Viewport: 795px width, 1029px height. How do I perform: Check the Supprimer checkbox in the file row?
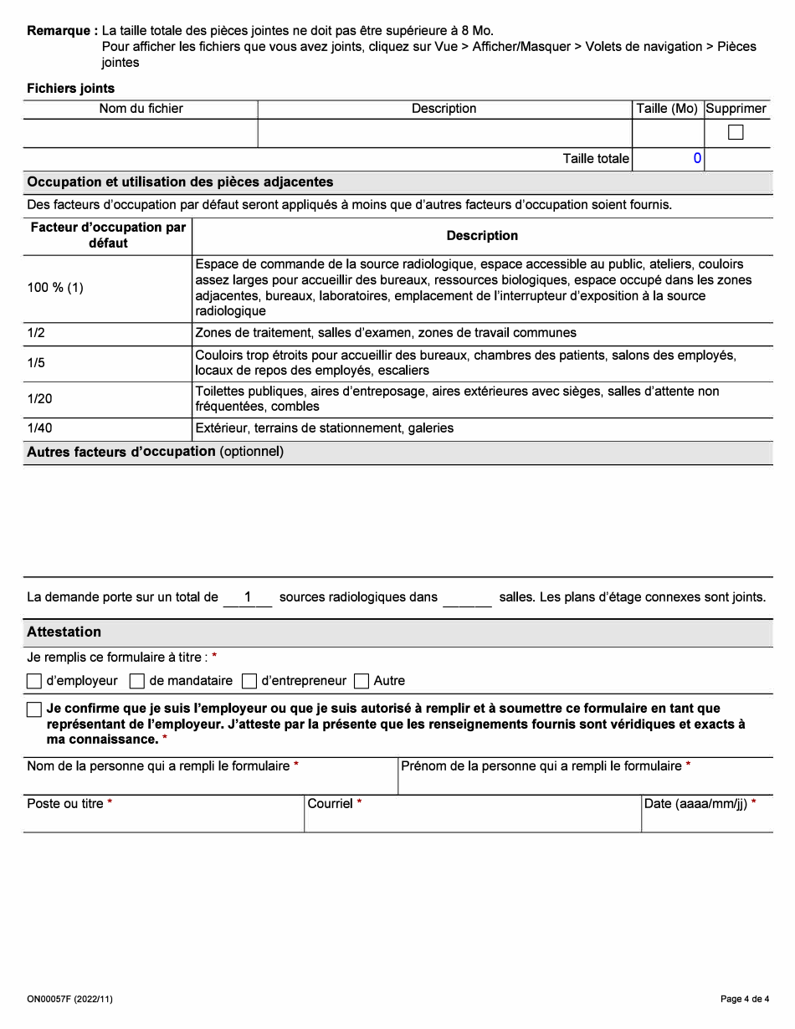pyautogui.click(x=736, y=132)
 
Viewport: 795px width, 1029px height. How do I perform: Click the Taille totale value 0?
pyautogui.click(x=696, y=159)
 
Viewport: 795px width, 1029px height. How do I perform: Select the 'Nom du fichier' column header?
pyautogui.click(x=141, y=109)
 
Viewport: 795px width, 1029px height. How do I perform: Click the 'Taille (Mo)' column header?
pyautogui.click(x=667, y=109)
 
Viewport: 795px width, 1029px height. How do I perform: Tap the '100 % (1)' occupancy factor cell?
pyautogui.click(x=55, y=288)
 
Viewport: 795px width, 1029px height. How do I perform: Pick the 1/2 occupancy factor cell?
pyautogui.click(x=36, y=333)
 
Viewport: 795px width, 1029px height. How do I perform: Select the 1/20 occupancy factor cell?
pyautogui.click(x=39, y=399)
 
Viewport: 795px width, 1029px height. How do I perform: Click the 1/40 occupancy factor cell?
pyautogui.click(x=39, y=428)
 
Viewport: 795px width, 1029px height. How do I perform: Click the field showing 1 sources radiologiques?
pyautogui.click(x=248, y=597)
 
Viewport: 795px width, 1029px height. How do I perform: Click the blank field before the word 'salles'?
pyautogui.click(x=467, y=597)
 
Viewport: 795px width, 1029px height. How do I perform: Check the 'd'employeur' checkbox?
pyautogui.click(x=34, y=681)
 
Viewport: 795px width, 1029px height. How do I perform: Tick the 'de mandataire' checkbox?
pyautogui.click(x=137, y=681)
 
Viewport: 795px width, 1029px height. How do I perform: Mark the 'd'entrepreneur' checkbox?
pyautogui.click(x=249, y=681)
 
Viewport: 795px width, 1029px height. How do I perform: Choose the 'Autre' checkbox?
pyautogui.click(x=362, y=681)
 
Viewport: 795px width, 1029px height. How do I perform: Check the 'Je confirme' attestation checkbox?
pyautogui.click(x=34, y=709)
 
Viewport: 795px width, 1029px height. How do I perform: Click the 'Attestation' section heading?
pyautogui.click(x=64, y=632)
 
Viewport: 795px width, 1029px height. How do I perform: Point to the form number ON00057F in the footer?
pyautogui.click(x=69, y=999)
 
